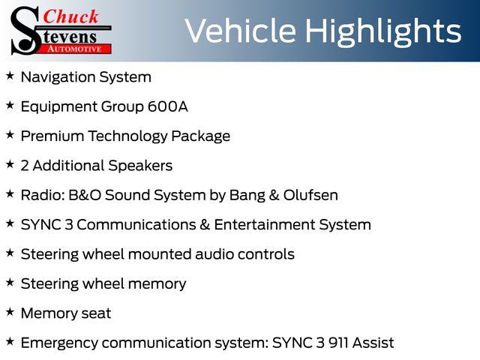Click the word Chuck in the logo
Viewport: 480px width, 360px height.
click(x=70, y=16)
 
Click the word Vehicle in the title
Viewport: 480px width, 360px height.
click(x=240, y=31)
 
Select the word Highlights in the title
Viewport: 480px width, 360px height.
click(x=383, y=32)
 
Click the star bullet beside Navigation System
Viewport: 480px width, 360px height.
click(x=10, y=76)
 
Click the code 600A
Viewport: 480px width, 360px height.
click(x=168, y=106)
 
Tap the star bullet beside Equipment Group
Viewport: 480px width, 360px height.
click(x=10, y=105)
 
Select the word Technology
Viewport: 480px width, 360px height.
click(x=127, y=136)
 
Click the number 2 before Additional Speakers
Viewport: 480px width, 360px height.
click(x=25, y=166)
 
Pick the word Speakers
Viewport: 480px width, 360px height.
click(x=140, y=166)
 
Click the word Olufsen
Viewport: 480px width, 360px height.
click(x=310, y=195)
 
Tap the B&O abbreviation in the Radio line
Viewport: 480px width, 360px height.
click(x=85, y=195)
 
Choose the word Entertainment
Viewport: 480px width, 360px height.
click(x=265, y=225)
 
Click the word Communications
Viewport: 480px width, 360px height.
click(x=136, y=225)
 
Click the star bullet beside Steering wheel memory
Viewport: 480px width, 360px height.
click(x=10, y=283)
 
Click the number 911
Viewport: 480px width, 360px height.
click(x=338, y=343)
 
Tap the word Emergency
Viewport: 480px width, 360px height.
click(x=59, y=343)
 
